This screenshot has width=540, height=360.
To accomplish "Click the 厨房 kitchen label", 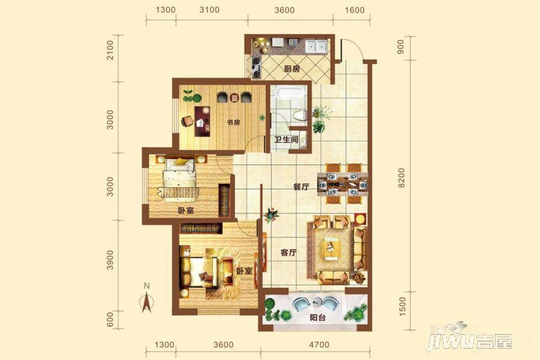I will [292, 69].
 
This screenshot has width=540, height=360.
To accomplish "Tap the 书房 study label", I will [233, 122].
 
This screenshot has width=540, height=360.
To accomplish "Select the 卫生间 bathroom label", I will [286, 140].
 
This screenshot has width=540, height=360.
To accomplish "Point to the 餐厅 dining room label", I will [301, 187].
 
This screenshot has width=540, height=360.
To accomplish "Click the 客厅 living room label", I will [289, 253].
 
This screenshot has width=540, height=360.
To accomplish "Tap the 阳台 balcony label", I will [317, 318].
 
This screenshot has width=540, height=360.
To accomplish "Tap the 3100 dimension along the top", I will [209, 10].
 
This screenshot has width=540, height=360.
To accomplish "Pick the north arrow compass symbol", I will [146, 299].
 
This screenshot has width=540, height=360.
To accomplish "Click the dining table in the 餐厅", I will [343, 181].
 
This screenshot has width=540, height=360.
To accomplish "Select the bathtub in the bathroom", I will [289, 95].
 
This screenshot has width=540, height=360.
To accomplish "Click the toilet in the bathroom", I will [301, 116].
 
